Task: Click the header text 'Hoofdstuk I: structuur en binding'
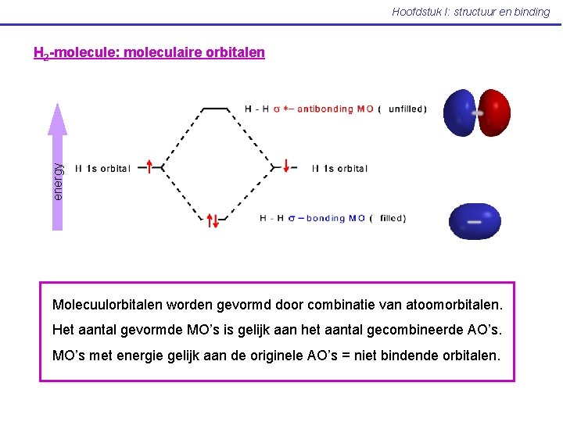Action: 471,12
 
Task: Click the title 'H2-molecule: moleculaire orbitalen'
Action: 149,53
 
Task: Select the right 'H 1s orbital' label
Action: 339,168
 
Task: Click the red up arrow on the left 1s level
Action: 149,166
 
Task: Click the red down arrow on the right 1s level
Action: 287,166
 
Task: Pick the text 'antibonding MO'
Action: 335,109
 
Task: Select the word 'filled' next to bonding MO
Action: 393,219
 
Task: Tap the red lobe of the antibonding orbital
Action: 493,113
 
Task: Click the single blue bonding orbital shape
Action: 475,221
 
